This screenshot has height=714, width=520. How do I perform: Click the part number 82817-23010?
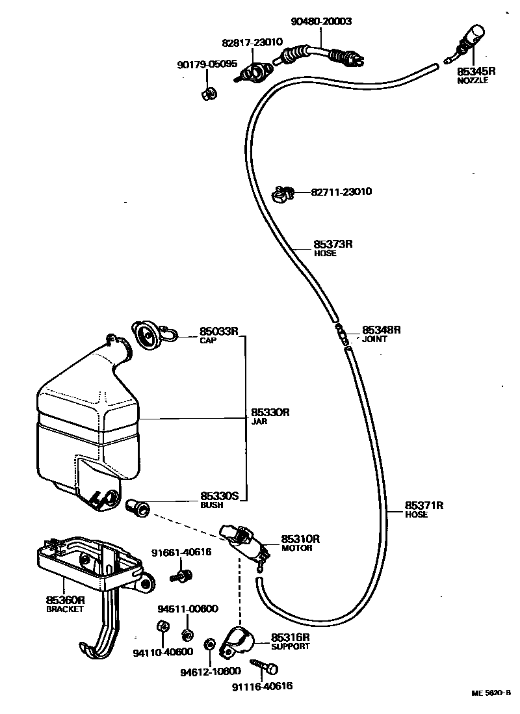tap(252, 42)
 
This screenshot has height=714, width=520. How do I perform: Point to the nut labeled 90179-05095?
tap(209, 94)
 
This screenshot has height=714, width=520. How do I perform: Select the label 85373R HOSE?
tap(332, 248)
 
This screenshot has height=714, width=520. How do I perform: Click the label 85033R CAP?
tap(219, 334)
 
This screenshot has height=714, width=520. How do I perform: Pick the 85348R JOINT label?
tap(381, 334)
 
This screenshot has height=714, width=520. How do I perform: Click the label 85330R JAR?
tap(270, 416)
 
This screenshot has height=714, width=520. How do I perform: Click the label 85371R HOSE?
tap(424, 509)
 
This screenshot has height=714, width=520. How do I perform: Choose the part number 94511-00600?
tap(188, 609)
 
